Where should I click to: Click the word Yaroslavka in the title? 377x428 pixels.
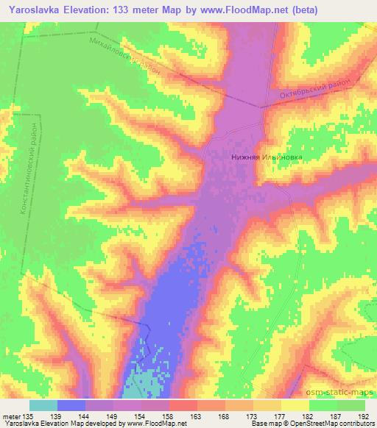coord(31,10)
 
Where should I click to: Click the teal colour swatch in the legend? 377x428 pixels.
coord(43,405)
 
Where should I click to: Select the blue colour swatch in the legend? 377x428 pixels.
coord(71,405)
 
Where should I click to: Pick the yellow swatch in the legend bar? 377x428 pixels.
coord(295,405)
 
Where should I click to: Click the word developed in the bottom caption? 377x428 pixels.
coord(101,424)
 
